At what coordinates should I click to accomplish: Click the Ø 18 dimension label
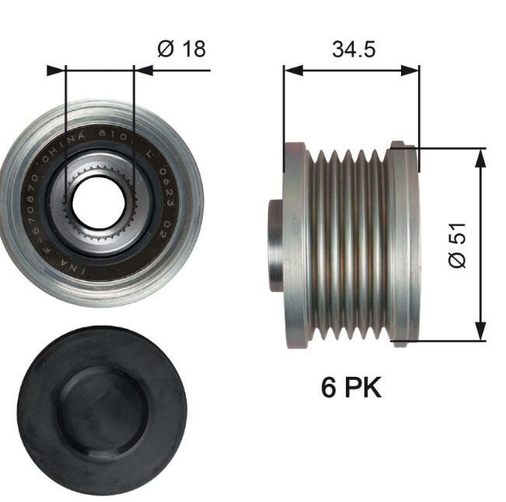[181, 49]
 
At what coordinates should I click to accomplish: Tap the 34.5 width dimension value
[354, 49]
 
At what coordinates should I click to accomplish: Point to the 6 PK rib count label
[351, 387]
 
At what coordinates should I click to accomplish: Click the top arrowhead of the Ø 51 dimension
[480, 154]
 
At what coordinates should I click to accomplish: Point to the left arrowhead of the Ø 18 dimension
[54, 71]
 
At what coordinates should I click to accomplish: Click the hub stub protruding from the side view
[275, 245]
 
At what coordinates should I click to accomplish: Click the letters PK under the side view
[362, 387]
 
